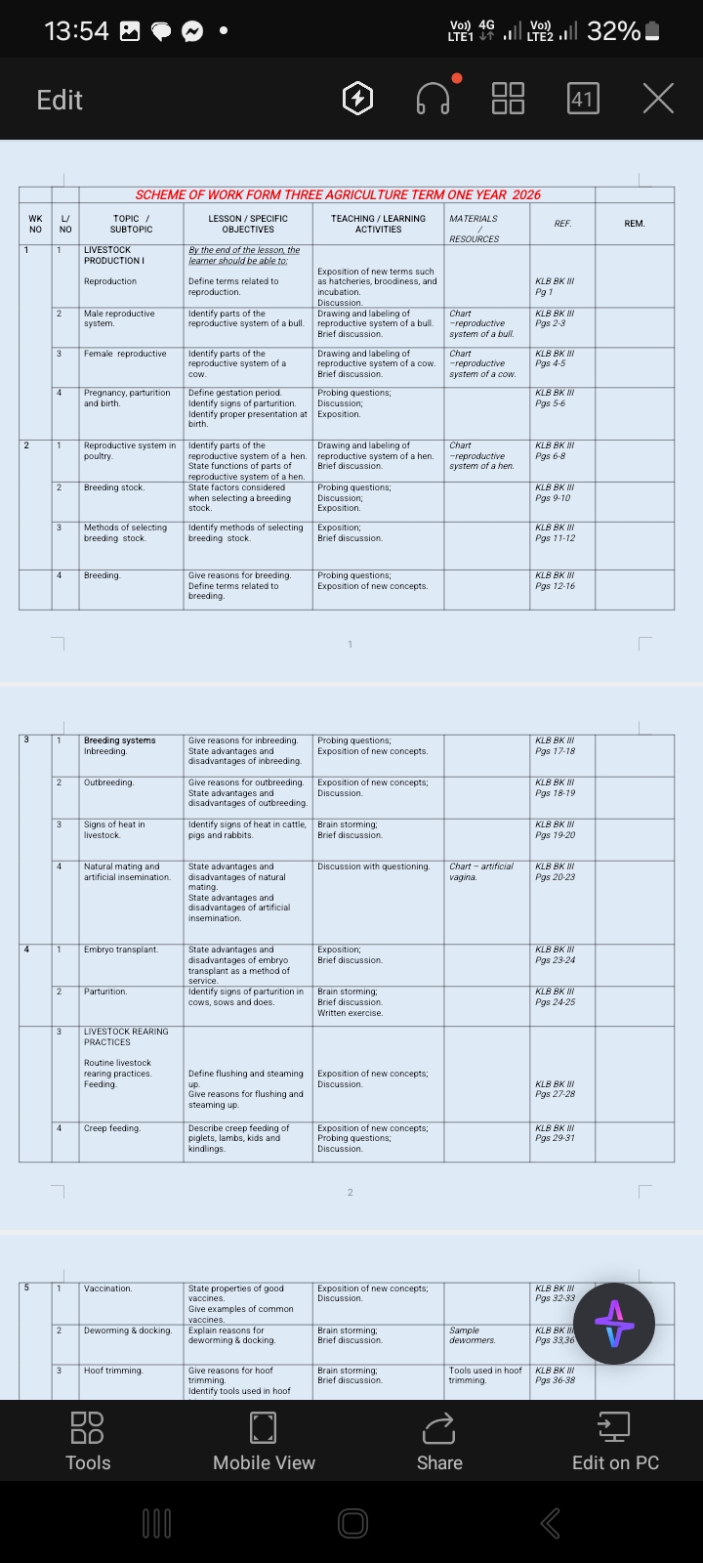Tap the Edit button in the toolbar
(x=60, y=100)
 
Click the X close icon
(x=658, y=99)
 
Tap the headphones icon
(x=433, y=99)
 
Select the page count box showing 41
(x=582, y=99)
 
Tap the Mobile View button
(x=264, y=1442)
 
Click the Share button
(x=439, y=1442)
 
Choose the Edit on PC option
(x=615, y=1442)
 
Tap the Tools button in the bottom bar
(x=88, y=1442)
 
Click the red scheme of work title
(x=338, y=194)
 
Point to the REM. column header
(x=635, y=224)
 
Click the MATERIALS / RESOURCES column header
(x=474, y=229)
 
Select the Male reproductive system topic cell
(x=119, y=318)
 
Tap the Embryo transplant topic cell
(x=121, y=950)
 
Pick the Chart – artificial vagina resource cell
(x=480, y=871)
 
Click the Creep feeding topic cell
(x=112, y=1128)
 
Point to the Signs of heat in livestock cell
(x=114, y=829)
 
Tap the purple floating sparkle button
(x=614, y=1324)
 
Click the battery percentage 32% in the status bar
(x=613, y=31)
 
